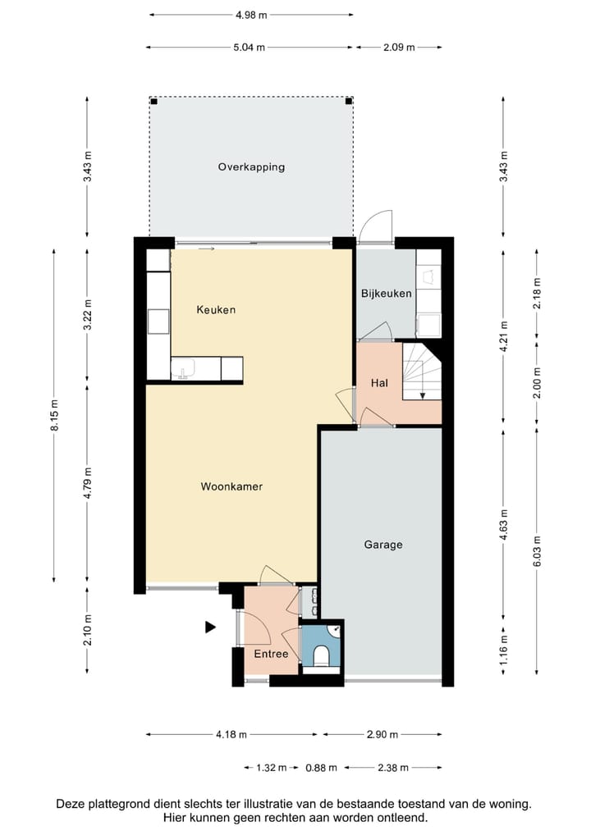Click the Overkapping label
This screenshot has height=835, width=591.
click(251, 167)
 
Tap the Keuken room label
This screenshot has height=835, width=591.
click(216, 309)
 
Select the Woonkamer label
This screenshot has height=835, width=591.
click(231, 486)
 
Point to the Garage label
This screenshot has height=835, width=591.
click(383, 545)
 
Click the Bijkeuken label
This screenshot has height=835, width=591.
click(387, 294)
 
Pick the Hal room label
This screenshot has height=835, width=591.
click(379, 383)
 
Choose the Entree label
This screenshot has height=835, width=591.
click(271, 654)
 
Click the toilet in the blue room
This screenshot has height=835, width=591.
click(321, 656)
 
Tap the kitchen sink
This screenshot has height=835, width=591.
click(183, 368)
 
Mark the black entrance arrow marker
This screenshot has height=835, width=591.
click(210, 627)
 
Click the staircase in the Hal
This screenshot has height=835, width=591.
click(422, 372)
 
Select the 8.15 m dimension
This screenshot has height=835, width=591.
click(54, 415)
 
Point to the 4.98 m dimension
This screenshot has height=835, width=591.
click(251, 15)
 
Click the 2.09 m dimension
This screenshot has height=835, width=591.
click(399, 48)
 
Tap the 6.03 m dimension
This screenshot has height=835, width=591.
click(537, 550)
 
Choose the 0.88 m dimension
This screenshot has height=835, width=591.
click(321, 768)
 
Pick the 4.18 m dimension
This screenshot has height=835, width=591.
click(231, 734)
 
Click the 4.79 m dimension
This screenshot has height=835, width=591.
click(88, 483)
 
